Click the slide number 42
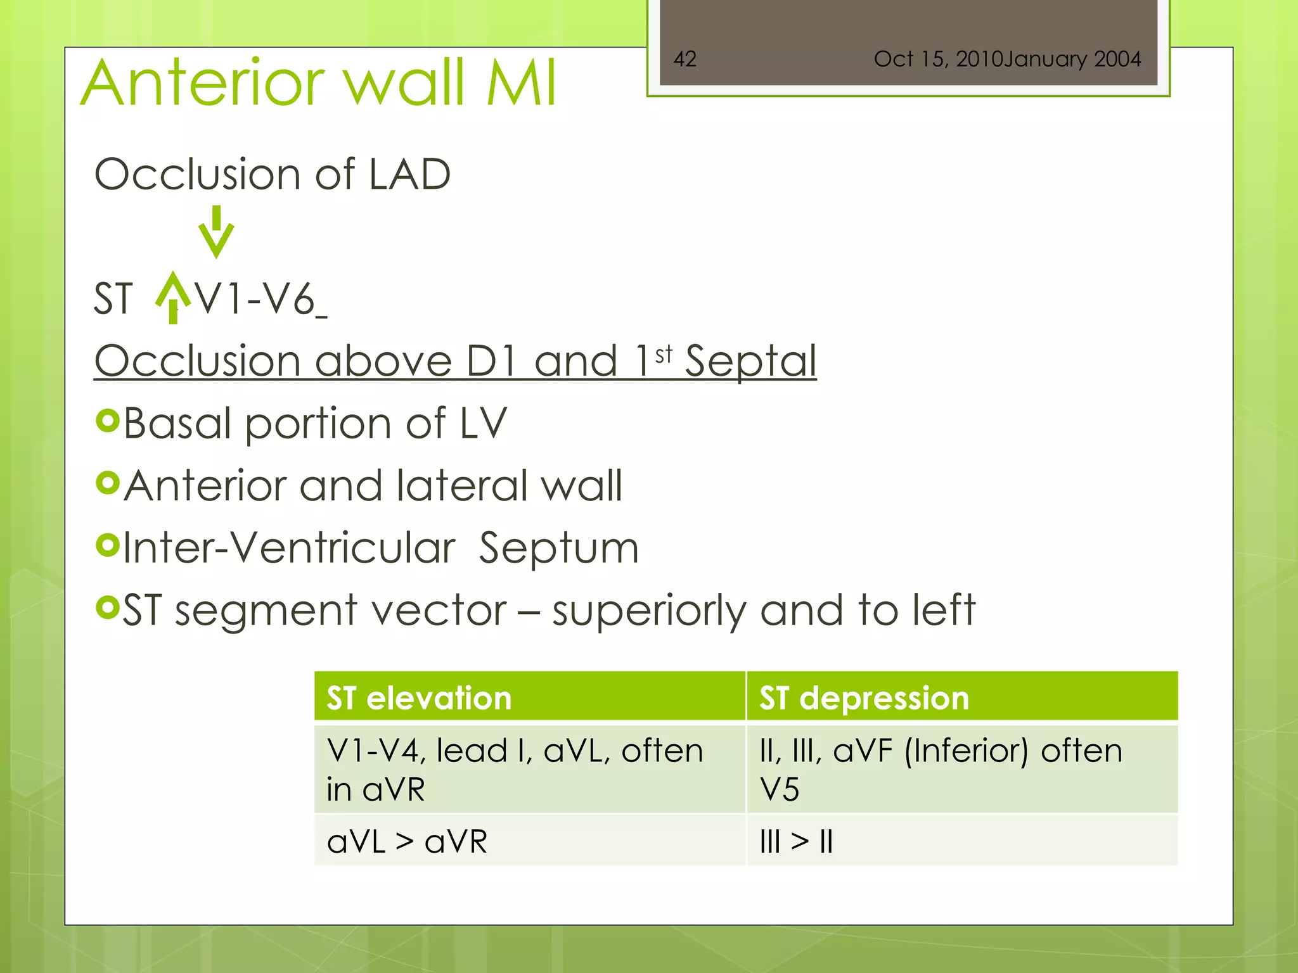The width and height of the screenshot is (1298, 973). click(684, 59)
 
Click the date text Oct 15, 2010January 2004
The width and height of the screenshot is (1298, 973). click(1006, 59)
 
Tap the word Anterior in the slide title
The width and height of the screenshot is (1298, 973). click(203, 83)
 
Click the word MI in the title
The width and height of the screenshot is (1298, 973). click(521, 83)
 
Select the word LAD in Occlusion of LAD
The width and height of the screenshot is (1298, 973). click(409, 174)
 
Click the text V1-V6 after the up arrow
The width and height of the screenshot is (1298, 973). click(255, 299)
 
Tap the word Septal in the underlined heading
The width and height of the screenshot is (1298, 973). click(750, 361)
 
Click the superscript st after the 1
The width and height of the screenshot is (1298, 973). click(664, 355)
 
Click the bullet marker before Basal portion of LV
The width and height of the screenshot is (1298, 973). click(108, 421)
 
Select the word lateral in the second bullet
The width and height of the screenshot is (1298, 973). click(461, 486)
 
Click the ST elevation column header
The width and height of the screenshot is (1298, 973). click(419, 698)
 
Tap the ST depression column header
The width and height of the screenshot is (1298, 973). click(864, 698)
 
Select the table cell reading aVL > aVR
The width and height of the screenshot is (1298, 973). click(407, 842)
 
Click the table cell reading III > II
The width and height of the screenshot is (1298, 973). click(796, 842)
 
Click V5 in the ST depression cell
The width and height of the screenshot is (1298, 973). click(779, 790)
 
